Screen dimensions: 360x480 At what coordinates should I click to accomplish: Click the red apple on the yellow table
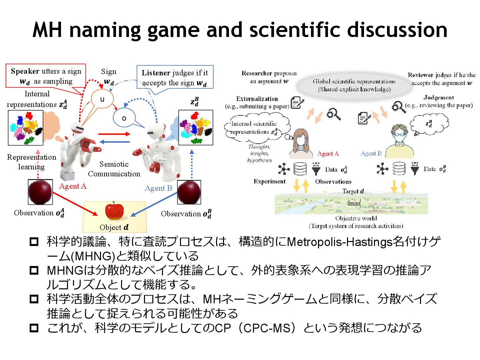[x=114, y=211]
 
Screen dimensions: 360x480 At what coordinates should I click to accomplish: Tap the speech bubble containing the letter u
[x=102, y=99]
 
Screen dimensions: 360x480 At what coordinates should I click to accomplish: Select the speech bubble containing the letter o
[x=124, y=118]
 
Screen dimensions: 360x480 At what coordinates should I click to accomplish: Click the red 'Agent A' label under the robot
[x=73, y=186]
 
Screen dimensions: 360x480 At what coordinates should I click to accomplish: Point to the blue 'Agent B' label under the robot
[x=158, y=188]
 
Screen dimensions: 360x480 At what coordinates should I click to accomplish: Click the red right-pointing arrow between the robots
[x=114, y=134]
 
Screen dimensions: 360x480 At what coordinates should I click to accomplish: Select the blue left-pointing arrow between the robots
[x=114, y=142]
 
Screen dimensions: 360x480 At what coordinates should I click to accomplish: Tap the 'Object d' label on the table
[x=114, y=227]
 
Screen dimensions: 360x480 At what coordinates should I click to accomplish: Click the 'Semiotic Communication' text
[x=114, y=169]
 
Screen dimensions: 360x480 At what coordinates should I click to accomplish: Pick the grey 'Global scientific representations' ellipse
[x=354, y=85]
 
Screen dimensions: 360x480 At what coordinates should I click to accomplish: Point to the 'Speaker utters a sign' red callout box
[x=46, y=76]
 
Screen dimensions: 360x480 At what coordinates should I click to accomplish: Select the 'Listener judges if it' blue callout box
[x=175, y=77]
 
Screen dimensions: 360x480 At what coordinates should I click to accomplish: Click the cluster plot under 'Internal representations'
[x=25, y=128]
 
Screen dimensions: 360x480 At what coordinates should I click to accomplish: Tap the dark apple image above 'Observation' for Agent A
[x=40, y=192]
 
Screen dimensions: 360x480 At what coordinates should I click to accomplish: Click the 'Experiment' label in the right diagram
[x=269, y=182]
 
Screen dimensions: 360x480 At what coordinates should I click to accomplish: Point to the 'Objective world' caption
[x=356, y=218]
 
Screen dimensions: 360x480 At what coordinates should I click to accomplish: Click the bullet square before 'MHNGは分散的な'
[x=34, y=270]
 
